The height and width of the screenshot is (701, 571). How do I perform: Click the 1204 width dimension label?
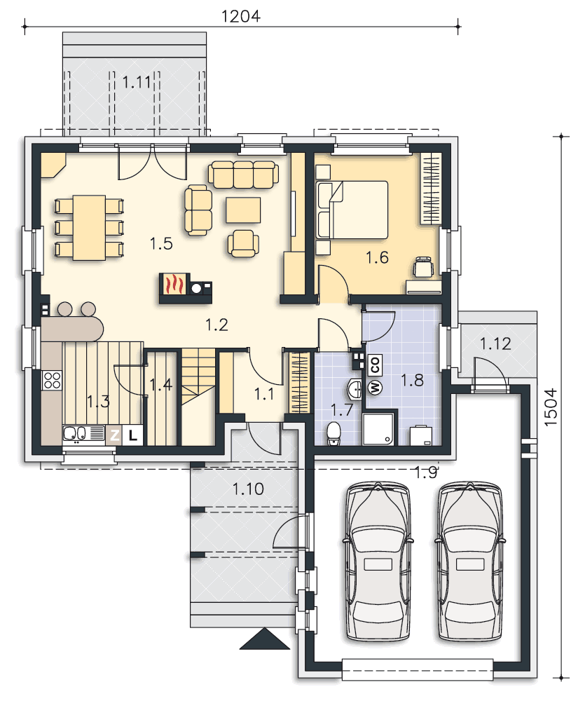coord(241,17)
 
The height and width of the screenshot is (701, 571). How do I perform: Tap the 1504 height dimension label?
coord(551,407)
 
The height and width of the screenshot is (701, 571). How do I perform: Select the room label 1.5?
coord(161,244)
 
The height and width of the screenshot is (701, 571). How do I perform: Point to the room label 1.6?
coord(377,257)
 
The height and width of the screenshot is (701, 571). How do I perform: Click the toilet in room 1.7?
coord(333,434)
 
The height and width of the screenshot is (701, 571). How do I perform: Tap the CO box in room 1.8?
coord(374,365)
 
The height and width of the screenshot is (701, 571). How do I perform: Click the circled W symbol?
coord(375,387)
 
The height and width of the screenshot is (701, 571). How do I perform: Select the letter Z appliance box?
coord(115,435)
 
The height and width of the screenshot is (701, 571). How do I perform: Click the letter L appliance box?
coord(132,435)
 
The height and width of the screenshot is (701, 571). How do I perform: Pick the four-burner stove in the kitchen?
coord(52,380)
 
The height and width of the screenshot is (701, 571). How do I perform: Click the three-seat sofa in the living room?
coord(244,175)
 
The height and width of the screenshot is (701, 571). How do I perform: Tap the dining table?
coord(90,228)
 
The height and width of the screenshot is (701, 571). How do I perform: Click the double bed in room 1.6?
coord(352,210)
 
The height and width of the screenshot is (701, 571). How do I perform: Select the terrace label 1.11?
coord(137,82)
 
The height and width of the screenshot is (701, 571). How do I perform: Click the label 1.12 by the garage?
coord(495,343)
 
